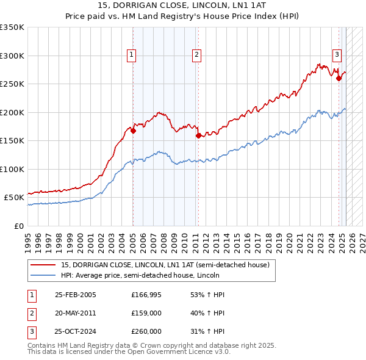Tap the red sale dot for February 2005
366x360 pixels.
[x=133, y=131]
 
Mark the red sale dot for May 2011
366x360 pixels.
[x=198, y=135]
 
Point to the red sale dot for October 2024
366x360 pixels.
[x=339, y=77]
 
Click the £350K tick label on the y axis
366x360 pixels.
[x=12, y=27]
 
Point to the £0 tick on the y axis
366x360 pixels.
[x=19, y=226]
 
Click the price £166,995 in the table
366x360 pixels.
[x=146, y=295]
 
